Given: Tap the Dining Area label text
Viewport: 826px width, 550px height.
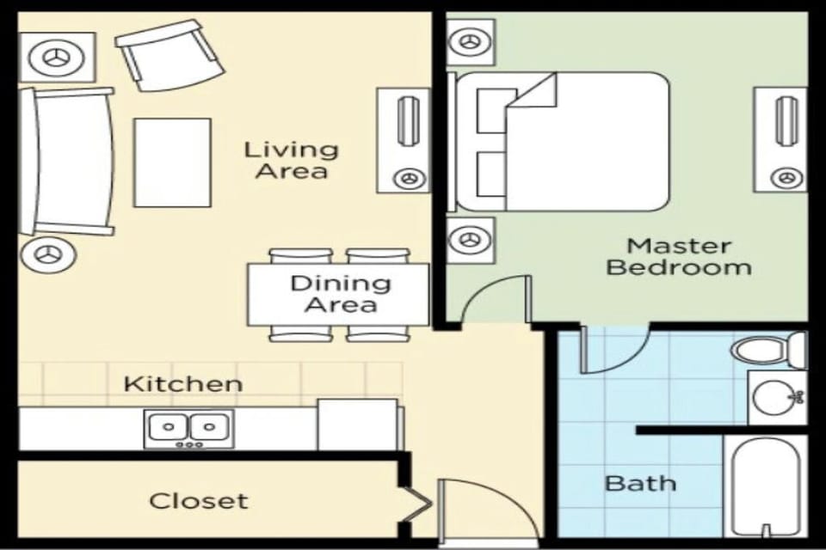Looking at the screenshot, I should click(340, 294).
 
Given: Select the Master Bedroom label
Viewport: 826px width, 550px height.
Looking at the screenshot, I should click(678, 257).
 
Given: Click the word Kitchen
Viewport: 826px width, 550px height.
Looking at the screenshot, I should click(182, 383).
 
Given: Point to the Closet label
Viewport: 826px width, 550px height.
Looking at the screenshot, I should click(198, 501).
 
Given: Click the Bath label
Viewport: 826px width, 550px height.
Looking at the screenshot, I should click(640, 483).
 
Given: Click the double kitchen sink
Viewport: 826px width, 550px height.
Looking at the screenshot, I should click(188, 428).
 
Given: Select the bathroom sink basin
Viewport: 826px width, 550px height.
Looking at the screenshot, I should click(774, 398).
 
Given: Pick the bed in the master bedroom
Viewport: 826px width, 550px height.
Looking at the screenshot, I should click(563, 142).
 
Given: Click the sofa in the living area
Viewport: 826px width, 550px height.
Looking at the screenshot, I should click(67, 161).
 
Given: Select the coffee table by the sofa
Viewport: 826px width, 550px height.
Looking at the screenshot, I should click(172, 162).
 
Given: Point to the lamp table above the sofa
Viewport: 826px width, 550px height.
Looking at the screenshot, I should click(57, 58).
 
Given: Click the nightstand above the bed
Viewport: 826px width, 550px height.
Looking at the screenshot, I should click(471, 41).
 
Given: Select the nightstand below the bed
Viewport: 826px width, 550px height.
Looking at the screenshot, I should click(471, 239).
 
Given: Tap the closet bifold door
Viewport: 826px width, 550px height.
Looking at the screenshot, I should click(415, 503).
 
